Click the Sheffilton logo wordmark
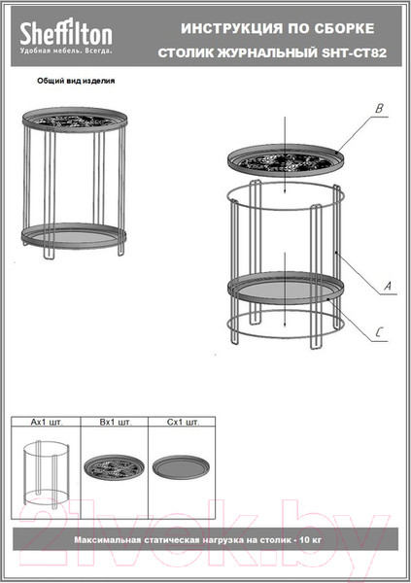(x=66, y=33)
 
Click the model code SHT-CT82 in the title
(x=354, y=52)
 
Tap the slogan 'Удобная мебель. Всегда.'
(x=66, y=51)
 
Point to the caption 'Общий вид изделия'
(x=76, y=81)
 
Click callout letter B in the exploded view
(x=379, y=109)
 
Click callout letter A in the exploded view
(x=388, y=286)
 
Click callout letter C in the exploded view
(x=379, y=332)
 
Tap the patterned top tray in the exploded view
(x=286, y=161)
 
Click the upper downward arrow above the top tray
(x=285, y=155)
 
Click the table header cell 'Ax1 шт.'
(x=46, y=422)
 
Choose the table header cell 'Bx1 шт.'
(x=115, y=422)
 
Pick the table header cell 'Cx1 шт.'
(x=183, y=422)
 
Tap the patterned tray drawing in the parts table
(x=114, y=467)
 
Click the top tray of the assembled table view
(x=75, y=120)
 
